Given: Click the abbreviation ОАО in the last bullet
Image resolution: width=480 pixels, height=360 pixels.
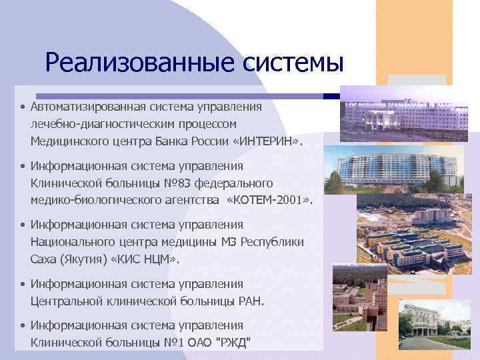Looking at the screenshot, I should [205, 343].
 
